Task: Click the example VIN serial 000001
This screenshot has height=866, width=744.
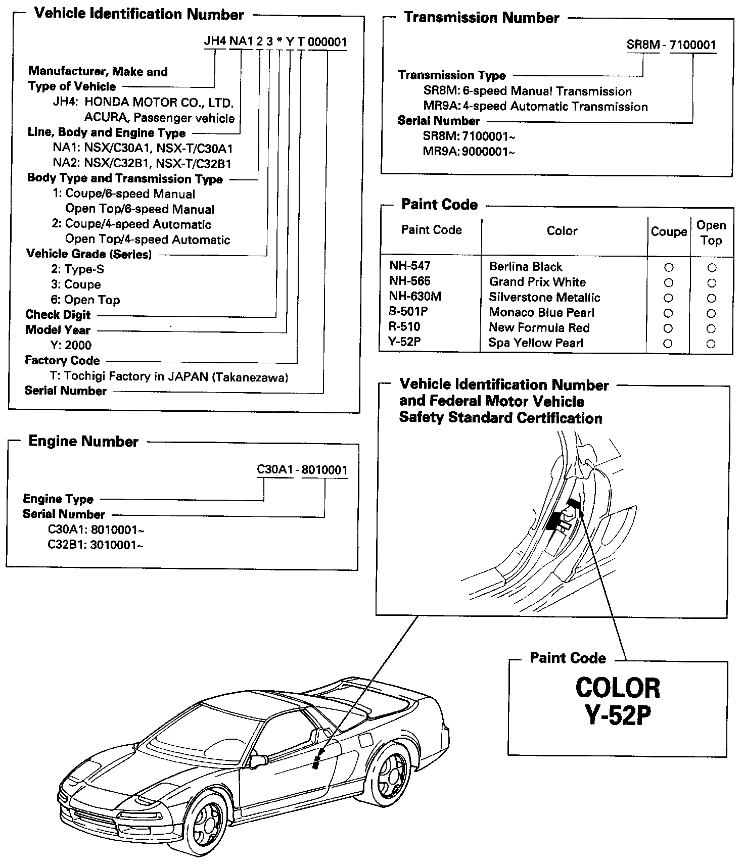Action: point(327,42)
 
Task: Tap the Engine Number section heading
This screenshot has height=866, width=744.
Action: point(83,442)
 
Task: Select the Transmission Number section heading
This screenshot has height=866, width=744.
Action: point(481,18)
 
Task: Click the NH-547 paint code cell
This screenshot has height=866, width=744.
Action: point(409,266)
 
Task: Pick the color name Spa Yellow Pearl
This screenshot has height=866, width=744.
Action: point(536,343)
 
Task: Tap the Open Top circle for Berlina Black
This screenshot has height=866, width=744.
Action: point(712,267)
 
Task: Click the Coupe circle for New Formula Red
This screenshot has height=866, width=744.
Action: point(668,328)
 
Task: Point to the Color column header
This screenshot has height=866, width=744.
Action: point(562,231)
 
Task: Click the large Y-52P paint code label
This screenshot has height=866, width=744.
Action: point(617,716)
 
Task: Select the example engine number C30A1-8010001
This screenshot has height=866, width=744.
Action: point(302,470)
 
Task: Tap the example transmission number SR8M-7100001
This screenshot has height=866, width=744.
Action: point(671,45)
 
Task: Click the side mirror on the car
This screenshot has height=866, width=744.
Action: point(259,760)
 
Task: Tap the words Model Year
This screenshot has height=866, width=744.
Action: point(58,330)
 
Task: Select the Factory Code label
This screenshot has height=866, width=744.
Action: point(62,361)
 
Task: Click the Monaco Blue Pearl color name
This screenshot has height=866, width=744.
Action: point(541,313)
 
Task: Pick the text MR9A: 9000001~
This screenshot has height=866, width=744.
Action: point(469,152)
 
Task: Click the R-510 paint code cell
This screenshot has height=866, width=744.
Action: point(404,327)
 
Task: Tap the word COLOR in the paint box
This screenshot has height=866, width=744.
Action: point(618,688)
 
